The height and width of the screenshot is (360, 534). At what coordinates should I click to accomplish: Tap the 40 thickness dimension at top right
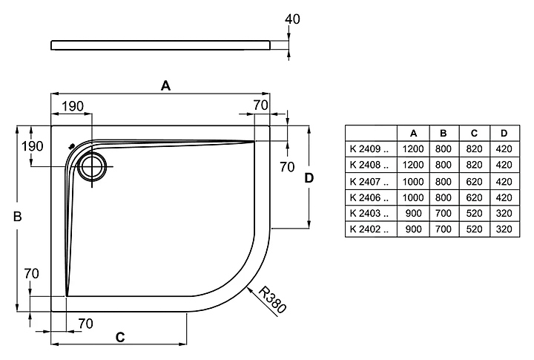pyautogui.click(x=291, y=19)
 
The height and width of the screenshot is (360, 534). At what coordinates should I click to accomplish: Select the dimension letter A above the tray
pyautogui.click(x=166, y=86)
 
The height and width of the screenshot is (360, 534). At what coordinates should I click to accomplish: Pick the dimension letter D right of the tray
pyautogui.click(x=310, y=177)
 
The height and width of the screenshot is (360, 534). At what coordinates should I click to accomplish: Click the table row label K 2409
pyautogui.click(x=369, y=148)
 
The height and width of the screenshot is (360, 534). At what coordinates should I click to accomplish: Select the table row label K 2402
pyautogui.click(x=369, y=230)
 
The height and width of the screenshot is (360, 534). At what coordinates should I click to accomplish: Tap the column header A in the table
pyautogui.click(x=412, y=133)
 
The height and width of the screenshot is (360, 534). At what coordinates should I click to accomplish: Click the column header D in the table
pyautogui.click(x=504, y=133)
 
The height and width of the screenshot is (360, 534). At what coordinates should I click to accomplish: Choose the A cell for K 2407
pyautogui.click(x=412, y=181)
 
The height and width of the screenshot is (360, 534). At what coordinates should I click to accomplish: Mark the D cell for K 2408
pyautogui.click(x=504, y=165)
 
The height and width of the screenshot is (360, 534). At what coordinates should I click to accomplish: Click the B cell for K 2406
pyautogui.click(x=444, y=197)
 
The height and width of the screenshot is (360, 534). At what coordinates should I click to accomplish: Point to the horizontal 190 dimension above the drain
pyautogui.click(x=72, y=106)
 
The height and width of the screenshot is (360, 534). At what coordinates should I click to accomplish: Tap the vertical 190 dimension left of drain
pyautogui.click(x=33, y=146)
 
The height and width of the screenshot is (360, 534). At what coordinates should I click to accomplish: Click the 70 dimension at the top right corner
pyautogui.click(x=260, y=105)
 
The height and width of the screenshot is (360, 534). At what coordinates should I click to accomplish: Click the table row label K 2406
pyautogui.click(x=369, y=197)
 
